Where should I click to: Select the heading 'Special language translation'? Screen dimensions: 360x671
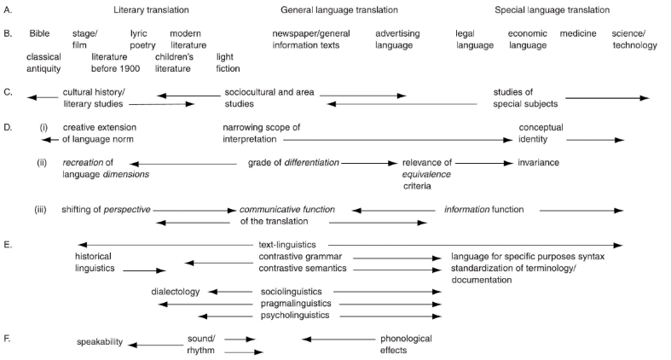[552, 10]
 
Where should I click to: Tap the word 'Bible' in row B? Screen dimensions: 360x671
[39, 33]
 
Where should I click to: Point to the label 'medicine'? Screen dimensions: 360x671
[578, 33]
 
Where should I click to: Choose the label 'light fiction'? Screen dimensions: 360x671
[228, 62]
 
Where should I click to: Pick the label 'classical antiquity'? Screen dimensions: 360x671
[43, 62]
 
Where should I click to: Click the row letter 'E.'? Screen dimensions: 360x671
[9, 245]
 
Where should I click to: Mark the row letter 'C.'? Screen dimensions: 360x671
[9, 91]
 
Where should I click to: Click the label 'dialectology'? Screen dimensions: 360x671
[175, 292]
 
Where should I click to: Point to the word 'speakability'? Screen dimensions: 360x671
[100, 343]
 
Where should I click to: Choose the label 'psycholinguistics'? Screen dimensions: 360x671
[296, 315]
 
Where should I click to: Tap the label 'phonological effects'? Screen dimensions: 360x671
[406, 344]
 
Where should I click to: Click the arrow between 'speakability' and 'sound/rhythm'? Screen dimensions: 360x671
[155, 344]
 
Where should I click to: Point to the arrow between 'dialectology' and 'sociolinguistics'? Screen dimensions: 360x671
[230, 292]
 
